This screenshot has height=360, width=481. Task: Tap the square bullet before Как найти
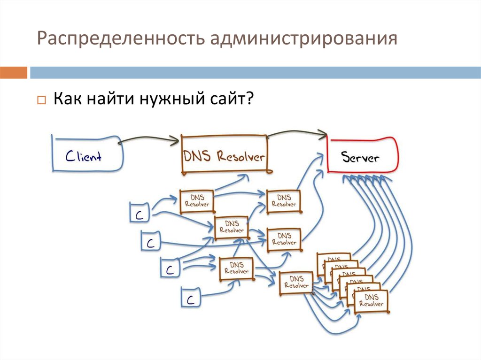41,101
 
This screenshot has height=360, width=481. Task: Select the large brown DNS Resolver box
224,155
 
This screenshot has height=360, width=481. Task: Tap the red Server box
361,156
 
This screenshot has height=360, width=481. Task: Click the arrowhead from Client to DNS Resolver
175,139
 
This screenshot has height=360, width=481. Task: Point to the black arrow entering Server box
323,135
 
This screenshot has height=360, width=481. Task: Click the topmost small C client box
140,213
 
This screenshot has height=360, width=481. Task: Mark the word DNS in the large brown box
197,156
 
